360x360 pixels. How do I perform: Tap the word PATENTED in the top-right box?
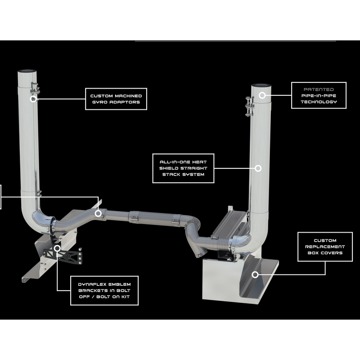(319, 90)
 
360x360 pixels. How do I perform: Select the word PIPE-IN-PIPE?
(319, 96)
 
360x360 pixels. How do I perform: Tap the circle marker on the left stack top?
(33, 99)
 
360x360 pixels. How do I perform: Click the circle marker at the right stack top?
(262, 95)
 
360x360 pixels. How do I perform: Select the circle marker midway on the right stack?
(258, 168)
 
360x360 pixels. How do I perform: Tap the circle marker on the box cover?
(255, 274)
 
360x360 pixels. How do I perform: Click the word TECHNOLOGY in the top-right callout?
(319, 102)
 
